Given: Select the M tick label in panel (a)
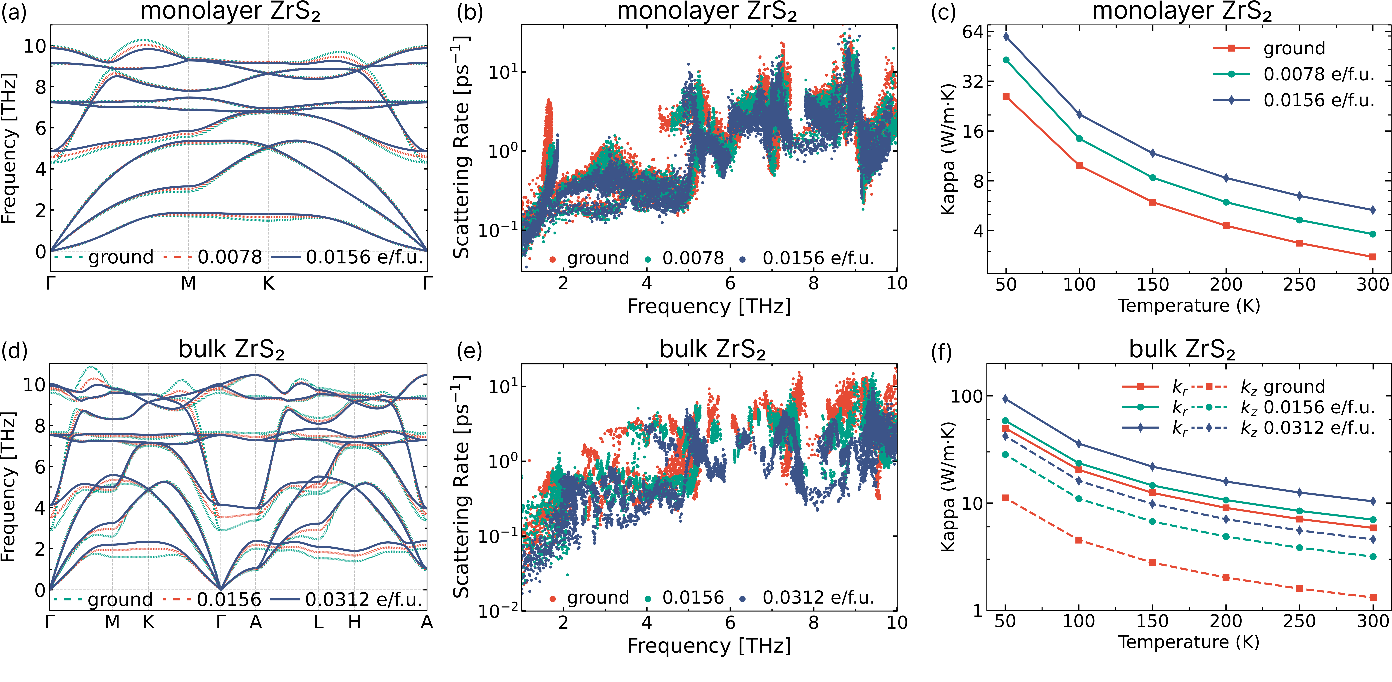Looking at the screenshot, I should [x=188, y=283].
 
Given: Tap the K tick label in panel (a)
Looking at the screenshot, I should [x=268, y=283].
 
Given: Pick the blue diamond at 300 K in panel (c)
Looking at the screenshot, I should [x=1373, y=210].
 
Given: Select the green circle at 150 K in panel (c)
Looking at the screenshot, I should [x=1153, y=178].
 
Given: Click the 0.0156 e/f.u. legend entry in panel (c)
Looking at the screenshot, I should [x=1318, y=100].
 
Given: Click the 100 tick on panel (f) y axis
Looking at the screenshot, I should [x=966, y=396].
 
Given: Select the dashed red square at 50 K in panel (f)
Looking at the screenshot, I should [x=1006, y=498].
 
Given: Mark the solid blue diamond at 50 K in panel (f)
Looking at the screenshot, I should [x=1006, y=399].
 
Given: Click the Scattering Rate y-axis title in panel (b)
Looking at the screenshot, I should [x=461, y=147].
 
